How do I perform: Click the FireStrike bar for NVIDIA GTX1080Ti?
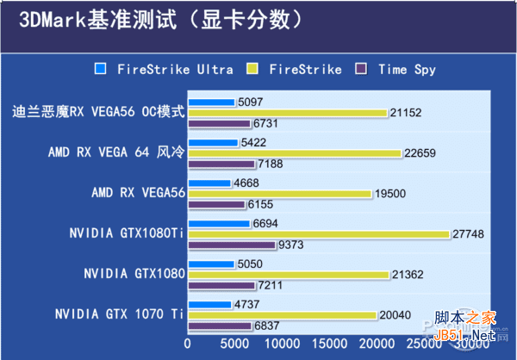point(318,234)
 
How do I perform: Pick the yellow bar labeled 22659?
point(294,153)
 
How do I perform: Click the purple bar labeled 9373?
point(231,245)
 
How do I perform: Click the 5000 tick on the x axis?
point(234,344)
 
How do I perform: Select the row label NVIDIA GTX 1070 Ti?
point(119,313)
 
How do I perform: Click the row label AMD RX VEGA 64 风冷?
point(116,153)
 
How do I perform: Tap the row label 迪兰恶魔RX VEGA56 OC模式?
point(99,112)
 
